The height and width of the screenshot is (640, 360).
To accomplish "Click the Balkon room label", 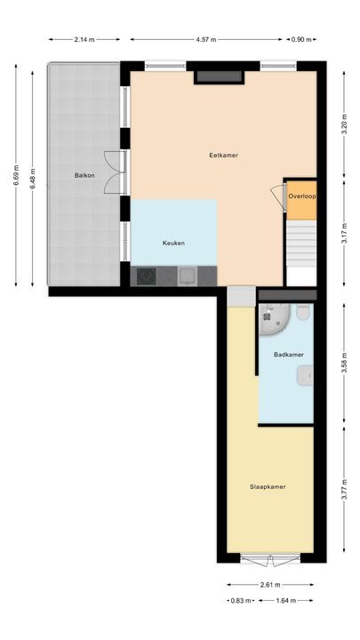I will [x=84, y=175].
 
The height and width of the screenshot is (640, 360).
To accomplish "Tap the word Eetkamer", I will [x=223, y=155].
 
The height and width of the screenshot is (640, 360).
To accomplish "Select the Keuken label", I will [x=173, y=243].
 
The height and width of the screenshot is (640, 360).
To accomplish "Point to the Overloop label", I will [x=302, y=196].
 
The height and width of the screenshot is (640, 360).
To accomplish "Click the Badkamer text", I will [x=288, y=355].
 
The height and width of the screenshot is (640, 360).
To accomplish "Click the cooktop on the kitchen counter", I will [x=145, y=276].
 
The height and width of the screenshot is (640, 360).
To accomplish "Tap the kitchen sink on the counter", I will [x=188, y=276].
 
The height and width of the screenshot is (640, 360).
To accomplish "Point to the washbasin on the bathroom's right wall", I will [x=308, y=378].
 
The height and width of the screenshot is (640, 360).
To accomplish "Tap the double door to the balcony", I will [x=112, y=172].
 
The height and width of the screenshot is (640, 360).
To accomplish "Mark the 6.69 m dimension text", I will [x=15, y=178].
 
